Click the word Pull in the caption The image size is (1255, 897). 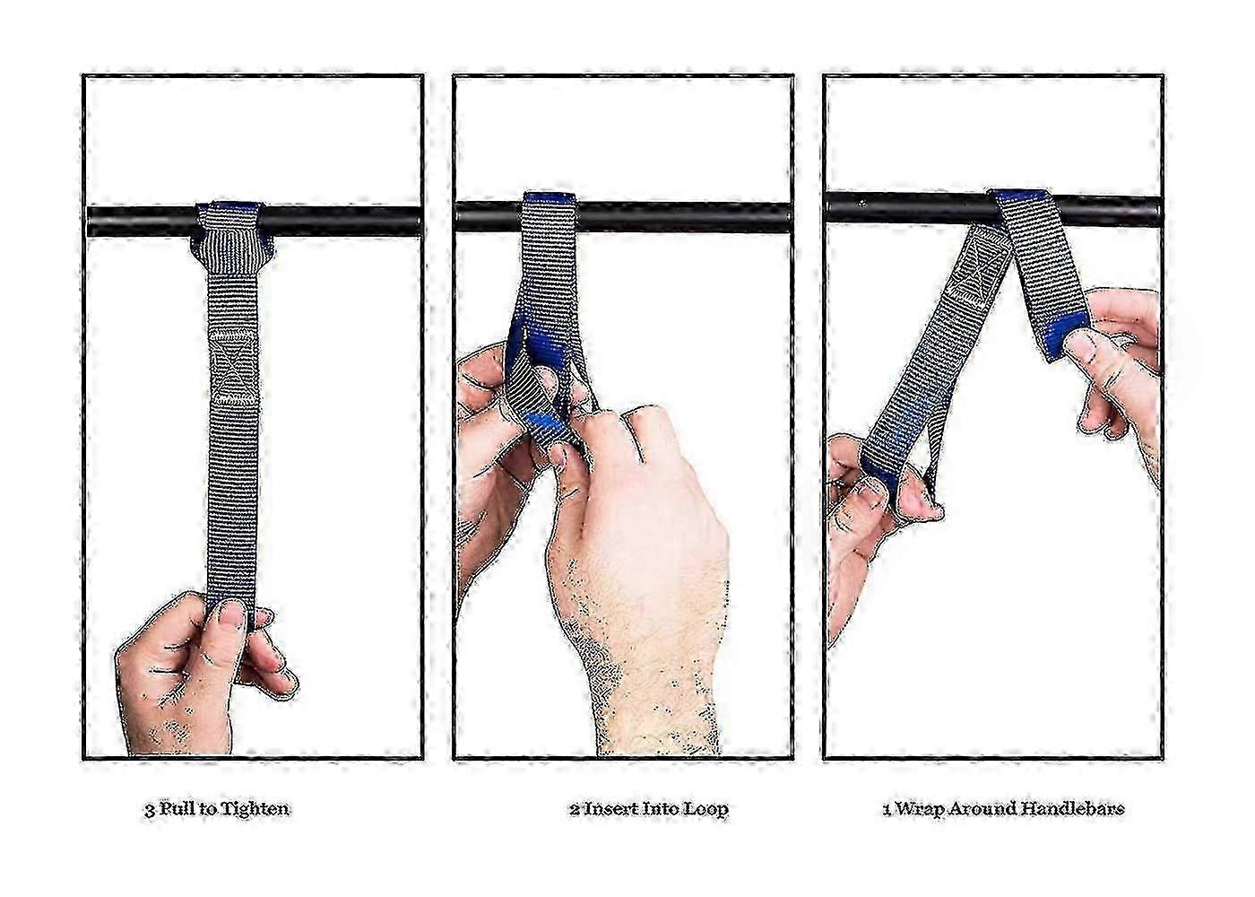[x=176, y=809]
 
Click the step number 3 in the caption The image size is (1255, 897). [x=149, y=810]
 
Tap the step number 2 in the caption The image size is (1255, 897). [x=575, y=809]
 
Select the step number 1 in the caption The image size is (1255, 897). [x=886, y=809]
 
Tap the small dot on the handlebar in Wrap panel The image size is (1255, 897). [x=862, y=203]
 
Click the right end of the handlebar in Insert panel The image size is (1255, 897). [x=790, y=218]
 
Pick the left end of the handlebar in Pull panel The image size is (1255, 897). [x=90, y=222]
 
